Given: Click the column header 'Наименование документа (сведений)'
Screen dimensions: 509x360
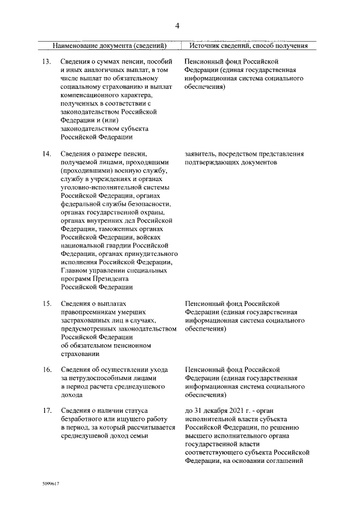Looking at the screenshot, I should pos(110,45).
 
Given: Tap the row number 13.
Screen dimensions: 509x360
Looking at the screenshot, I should pos(48,61).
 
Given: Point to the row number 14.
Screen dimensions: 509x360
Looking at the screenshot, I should pos(48,153).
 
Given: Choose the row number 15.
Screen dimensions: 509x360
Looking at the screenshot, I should pos(48,304).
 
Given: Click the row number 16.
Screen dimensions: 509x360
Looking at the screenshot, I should pos(48,370).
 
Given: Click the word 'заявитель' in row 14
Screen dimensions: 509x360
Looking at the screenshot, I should pos(199,153).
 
